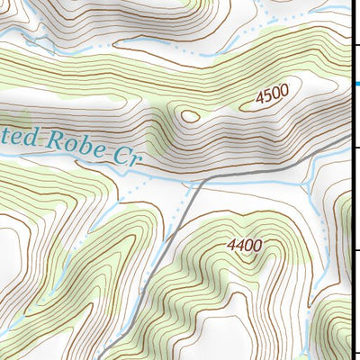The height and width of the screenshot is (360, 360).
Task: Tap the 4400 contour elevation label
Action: [x=245, y=244]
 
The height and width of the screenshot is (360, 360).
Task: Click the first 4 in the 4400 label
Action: [x=232, y=243]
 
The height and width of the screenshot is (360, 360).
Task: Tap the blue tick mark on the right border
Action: [x=357, y=85]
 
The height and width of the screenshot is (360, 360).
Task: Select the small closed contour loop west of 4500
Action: [x=189, y=114]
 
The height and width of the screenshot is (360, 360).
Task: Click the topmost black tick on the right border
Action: [x=357, y=43]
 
